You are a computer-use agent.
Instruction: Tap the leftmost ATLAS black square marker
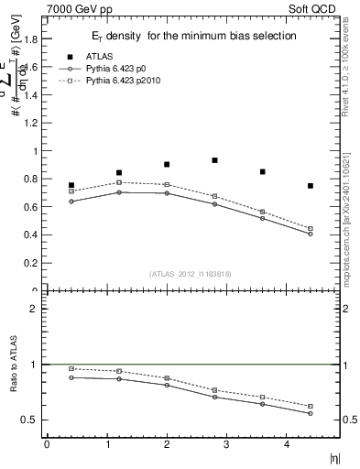71,185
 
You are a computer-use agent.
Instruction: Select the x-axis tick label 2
167,444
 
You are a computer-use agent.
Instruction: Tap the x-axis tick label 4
286,444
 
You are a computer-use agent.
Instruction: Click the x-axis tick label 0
48,444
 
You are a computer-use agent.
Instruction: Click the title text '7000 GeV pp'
72,8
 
